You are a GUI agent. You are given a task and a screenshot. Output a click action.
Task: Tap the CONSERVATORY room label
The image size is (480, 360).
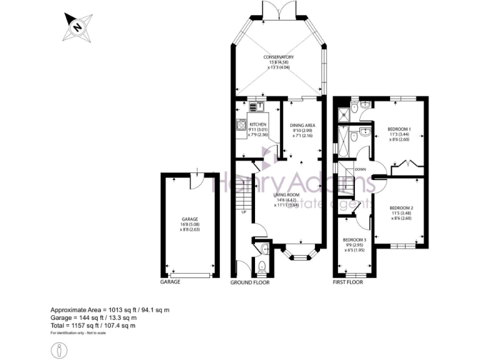coord(278,57)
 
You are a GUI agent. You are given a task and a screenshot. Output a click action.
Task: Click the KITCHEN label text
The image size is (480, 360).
coord(258,124)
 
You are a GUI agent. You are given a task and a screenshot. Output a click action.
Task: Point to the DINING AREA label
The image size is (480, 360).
coord(302,125)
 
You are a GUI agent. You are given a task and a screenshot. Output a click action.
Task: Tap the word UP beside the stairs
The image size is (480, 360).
coord(243,212)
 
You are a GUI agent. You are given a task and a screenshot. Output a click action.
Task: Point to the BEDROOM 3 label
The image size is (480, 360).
coord(354,239)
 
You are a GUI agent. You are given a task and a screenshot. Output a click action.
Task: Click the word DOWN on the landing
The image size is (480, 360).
coord(360,169)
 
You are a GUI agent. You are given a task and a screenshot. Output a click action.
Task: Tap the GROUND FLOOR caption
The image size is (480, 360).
coord(250,282)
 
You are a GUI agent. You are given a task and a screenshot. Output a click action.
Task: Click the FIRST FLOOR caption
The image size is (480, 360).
coord(347,282)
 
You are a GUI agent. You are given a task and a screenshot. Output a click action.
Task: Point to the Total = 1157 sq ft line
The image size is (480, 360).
coord(92,326)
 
